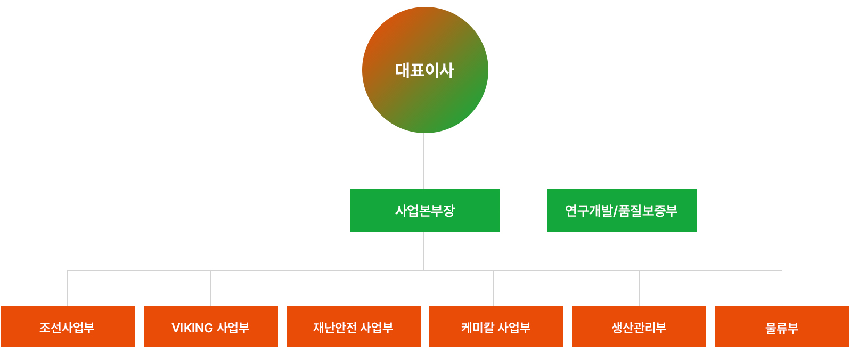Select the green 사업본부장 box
point(425,210)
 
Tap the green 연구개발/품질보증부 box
point(622,210)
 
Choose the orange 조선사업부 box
point(68,326)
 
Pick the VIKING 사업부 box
point(211,326)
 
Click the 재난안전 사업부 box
point(354,326)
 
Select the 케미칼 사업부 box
point(496,326)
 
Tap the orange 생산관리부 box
point(639,326)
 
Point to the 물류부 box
point(782,326)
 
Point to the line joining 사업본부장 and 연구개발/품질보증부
point(524,209)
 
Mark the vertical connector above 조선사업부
point(67,288)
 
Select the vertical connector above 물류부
point(782,288)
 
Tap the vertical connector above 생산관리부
point(639,288)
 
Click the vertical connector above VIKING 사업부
point(210,288)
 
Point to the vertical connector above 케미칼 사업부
point(493,288)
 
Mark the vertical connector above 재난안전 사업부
point(350,288)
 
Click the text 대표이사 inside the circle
point(424,70)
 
